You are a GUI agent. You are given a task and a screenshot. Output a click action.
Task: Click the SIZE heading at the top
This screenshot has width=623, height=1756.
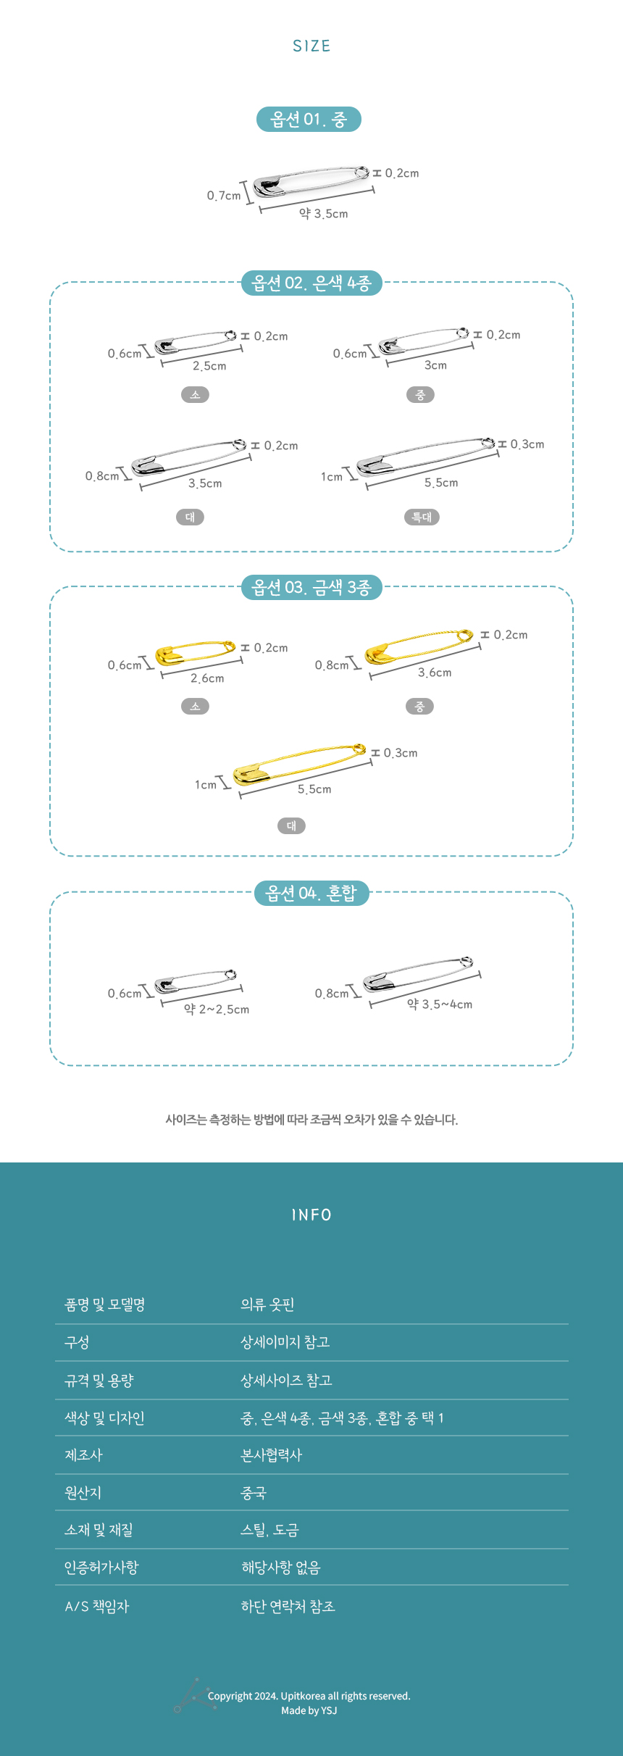(x=311, y=46)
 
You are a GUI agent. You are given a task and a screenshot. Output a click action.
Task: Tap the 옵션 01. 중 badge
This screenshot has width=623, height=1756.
(x=309, y=119)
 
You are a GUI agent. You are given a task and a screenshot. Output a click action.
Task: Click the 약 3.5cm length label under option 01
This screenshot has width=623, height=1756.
(x=324, y=214)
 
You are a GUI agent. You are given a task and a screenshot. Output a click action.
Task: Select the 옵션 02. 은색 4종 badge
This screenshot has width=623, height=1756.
(x=311, y=283)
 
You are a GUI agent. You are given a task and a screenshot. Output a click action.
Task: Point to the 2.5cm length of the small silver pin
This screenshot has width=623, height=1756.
(x=209, y=366)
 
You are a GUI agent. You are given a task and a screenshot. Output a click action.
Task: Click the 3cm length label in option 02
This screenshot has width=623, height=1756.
(x=435, y=365)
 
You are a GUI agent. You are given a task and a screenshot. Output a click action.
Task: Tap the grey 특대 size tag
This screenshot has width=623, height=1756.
(x=422, y=517)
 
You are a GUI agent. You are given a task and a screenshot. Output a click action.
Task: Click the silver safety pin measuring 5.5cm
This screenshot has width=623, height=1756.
(x=426, y=455)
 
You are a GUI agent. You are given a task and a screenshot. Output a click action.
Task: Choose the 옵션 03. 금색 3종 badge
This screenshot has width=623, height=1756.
(x=311, y=587)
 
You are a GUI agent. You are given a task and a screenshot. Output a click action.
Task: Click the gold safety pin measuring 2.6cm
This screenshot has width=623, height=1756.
(x=195, y=652)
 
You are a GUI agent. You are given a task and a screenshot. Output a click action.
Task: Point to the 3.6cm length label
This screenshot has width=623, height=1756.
(x=435, y=673)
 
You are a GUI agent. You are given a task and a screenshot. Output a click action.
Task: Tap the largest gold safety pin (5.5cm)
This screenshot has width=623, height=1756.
(x=299, y=763)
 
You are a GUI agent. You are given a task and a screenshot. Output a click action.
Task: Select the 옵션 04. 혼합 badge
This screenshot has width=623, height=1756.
(x=311, y=893)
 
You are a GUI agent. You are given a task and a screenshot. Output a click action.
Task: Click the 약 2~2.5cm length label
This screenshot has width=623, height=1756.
(x=217, y=1010)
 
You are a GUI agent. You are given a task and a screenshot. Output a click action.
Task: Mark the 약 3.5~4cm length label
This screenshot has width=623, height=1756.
(x=440, y=1004)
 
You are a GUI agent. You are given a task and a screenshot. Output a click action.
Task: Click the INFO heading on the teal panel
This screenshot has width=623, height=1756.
(x=311, y=1215)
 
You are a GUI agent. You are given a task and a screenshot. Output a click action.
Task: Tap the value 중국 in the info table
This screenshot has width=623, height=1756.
(x=254, y=1493)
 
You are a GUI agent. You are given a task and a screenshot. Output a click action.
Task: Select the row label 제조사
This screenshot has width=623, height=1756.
(x=84, y=1455)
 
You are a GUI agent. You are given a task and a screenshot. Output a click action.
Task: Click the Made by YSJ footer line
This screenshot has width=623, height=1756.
(x=309, y=1710)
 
